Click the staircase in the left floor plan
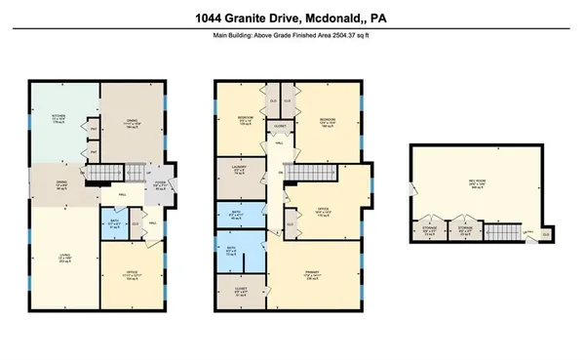coord(113,176)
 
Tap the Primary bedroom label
coord(313,277)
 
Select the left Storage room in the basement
coord(432,232)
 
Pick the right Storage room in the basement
coord(466,232)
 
